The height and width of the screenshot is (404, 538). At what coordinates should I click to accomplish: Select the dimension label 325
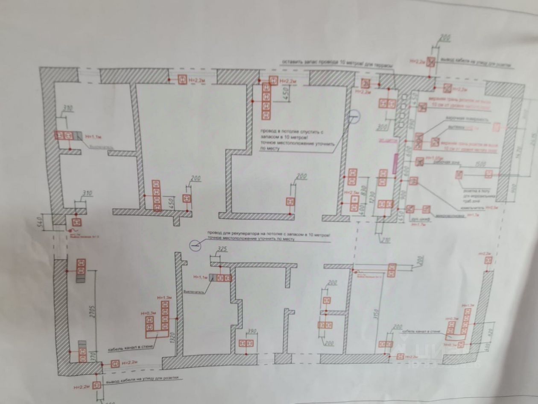221,248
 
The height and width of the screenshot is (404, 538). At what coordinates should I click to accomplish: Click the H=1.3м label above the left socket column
164,298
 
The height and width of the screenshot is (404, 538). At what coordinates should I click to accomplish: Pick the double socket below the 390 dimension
246,343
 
